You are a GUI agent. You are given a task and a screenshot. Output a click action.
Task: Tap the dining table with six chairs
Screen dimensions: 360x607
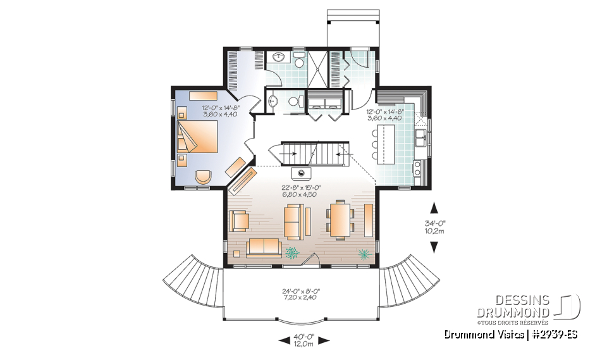(x=341, y=219)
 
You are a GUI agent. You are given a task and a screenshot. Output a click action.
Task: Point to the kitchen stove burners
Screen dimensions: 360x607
(x=418, y=168)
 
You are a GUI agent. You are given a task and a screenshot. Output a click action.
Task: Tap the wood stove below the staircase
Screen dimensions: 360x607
(x=300, y=173)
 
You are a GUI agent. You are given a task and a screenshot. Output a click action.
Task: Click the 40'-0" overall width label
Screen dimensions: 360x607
(x=304, y=340)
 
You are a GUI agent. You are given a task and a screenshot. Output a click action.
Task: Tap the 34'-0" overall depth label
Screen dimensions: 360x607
(x=434, y=227)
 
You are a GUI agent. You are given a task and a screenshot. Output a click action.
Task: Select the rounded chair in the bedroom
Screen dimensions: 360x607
(x=203, y=177)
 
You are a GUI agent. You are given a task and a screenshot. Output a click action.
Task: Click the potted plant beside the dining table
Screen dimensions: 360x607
(x=364, y=254)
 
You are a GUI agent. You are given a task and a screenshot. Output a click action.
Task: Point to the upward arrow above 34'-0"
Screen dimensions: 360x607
(x=434, y=208)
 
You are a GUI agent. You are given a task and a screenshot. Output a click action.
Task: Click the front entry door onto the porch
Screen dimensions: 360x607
(x=309, y=260)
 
